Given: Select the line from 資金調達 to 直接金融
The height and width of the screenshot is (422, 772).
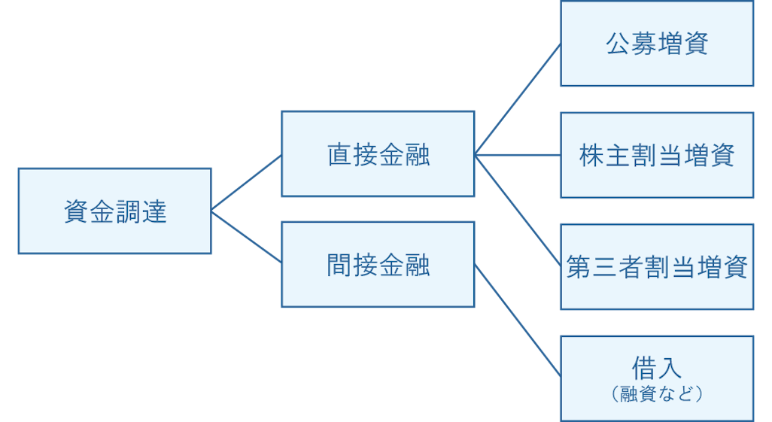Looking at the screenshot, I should [246, 183].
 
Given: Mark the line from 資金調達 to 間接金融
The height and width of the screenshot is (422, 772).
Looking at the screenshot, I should [246, 237].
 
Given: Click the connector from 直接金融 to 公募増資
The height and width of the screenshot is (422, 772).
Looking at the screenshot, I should [518, 99].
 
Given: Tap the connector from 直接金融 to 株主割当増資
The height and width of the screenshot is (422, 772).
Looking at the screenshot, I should [518, 156].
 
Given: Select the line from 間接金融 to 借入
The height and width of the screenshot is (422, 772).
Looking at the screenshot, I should [518, 320].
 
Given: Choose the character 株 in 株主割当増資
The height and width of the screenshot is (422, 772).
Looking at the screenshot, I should [592, 156].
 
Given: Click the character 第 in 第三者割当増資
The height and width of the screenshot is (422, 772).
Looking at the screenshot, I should [579, 267].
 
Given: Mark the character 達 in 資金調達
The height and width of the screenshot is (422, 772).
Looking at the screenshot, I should [153, 212].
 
